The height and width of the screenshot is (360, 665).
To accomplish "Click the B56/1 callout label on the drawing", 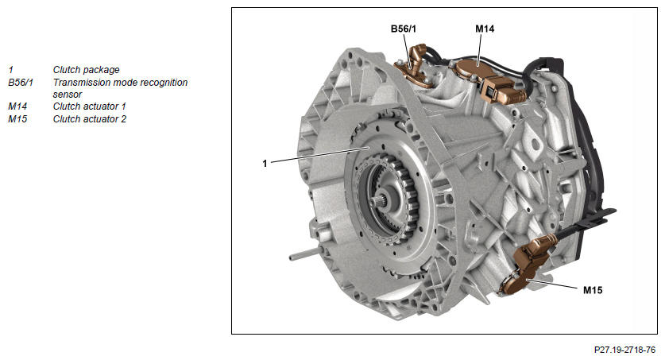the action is (404, 29).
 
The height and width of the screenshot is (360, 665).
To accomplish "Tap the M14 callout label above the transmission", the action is (485, 29).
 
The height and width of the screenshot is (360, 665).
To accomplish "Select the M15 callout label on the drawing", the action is (593, 290).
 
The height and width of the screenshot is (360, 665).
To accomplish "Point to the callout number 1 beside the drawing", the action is (265, 163).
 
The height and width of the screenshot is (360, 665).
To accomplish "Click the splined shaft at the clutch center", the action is (385, 200).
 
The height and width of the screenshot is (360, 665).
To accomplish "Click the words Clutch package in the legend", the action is (86, 70).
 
